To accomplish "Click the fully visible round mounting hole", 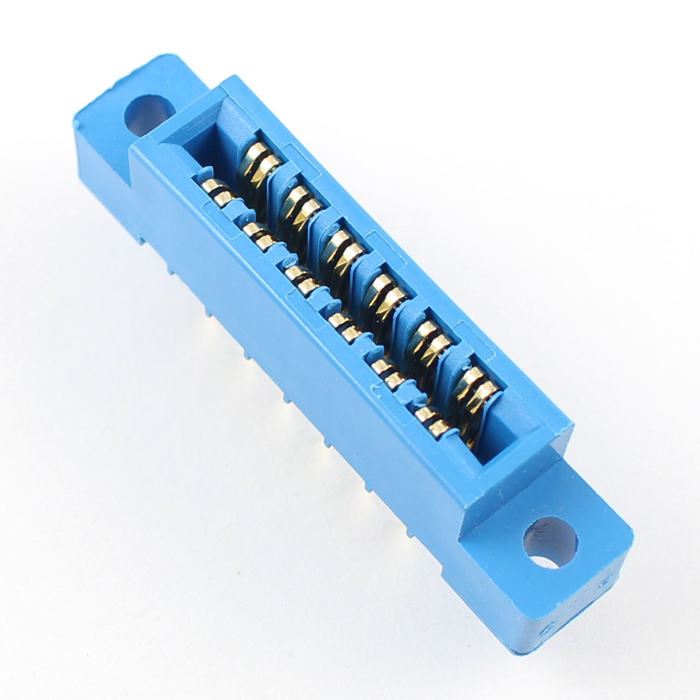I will point(550,542).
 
